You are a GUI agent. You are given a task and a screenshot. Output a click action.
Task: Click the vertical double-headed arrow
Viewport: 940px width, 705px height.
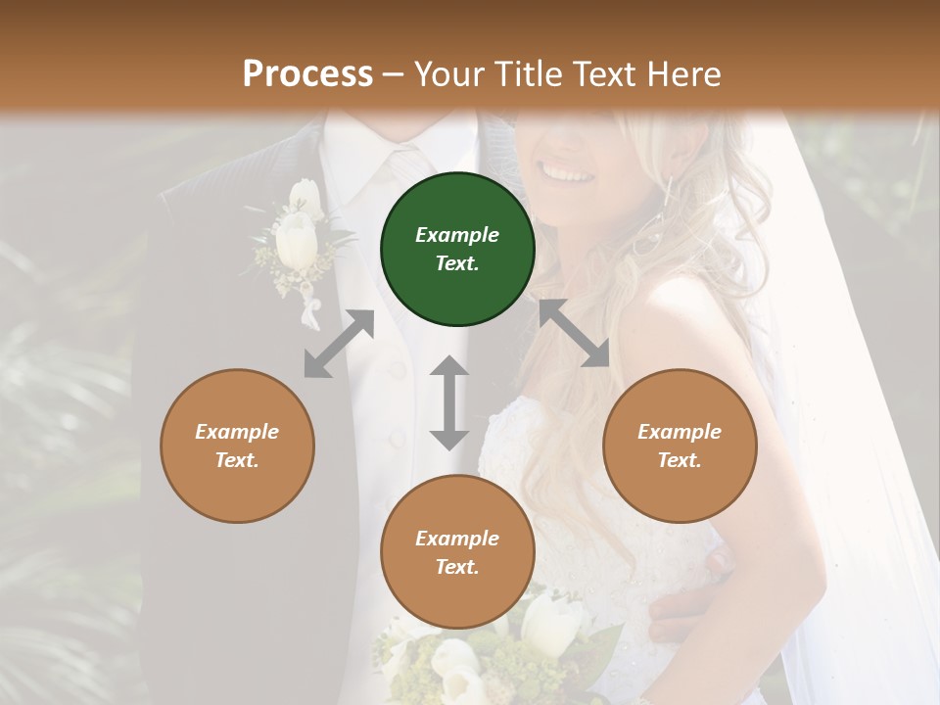(449, 402)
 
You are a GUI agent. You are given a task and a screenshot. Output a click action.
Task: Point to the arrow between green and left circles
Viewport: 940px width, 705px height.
(339, 344)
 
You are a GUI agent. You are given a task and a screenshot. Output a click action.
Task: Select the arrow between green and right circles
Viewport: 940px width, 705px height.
(574, 333)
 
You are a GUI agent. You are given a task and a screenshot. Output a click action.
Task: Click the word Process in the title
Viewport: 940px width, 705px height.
(307, 73)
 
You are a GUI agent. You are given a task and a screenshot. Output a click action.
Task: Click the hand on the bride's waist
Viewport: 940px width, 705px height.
(685, 597)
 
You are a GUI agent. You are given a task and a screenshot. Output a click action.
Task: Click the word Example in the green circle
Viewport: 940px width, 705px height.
(457, 235)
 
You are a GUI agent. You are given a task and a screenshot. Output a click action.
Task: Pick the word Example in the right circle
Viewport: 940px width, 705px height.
(680, 432)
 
